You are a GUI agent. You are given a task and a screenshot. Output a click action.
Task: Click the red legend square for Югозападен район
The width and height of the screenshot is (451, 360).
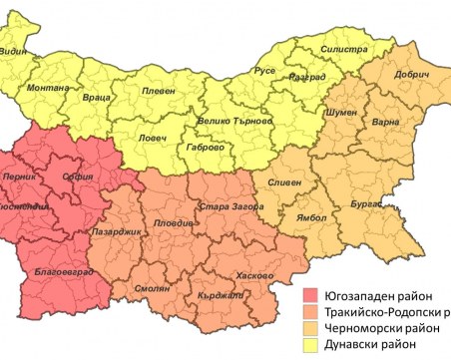tap(312, 296)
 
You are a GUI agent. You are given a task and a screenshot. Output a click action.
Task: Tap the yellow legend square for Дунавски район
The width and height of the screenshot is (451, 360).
tap(312, 345)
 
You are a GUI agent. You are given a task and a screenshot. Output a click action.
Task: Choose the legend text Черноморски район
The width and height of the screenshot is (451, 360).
tap(380, 328)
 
